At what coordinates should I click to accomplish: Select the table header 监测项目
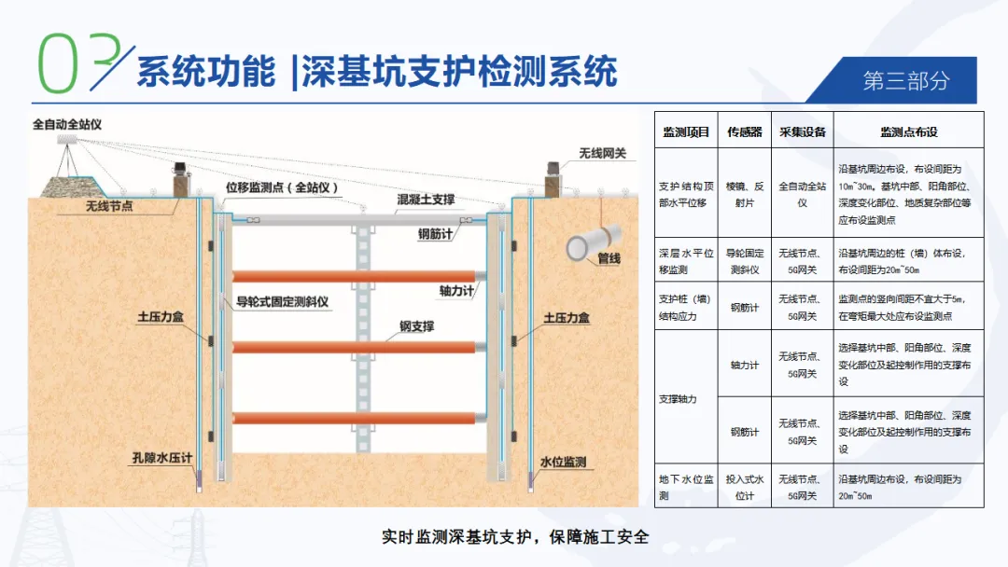click(686, 132)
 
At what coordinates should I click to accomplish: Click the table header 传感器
click(745, 132)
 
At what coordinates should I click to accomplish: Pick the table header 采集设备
click(803, 132)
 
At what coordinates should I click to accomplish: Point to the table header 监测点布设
click(908, 132)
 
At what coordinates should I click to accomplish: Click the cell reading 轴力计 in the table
click(745, 365)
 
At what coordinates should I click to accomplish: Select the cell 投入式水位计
click(745, 488)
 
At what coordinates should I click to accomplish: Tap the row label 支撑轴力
click(678, 399)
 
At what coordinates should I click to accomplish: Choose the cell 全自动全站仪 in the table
click(803, 194)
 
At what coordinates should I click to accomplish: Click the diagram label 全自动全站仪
click(67, 124)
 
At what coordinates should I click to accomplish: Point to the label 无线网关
click(602, 153)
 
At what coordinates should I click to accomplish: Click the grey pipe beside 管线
click(593, 242)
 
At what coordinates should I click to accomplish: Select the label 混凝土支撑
click(426, 199)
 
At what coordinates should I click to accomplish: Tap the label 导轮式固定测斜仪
click(282, 301)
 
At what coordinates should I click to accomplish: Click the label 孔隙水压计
click(162, 457)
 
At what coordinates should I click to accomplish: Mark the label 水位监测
click(563, 462)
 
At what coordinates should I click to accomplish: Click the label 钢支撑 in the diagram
click(416, 326)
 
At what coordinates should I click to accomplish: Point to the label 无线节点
click(109, 205)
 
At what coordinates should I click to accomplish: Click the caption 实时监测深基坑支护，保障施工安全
click(515, 537)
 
